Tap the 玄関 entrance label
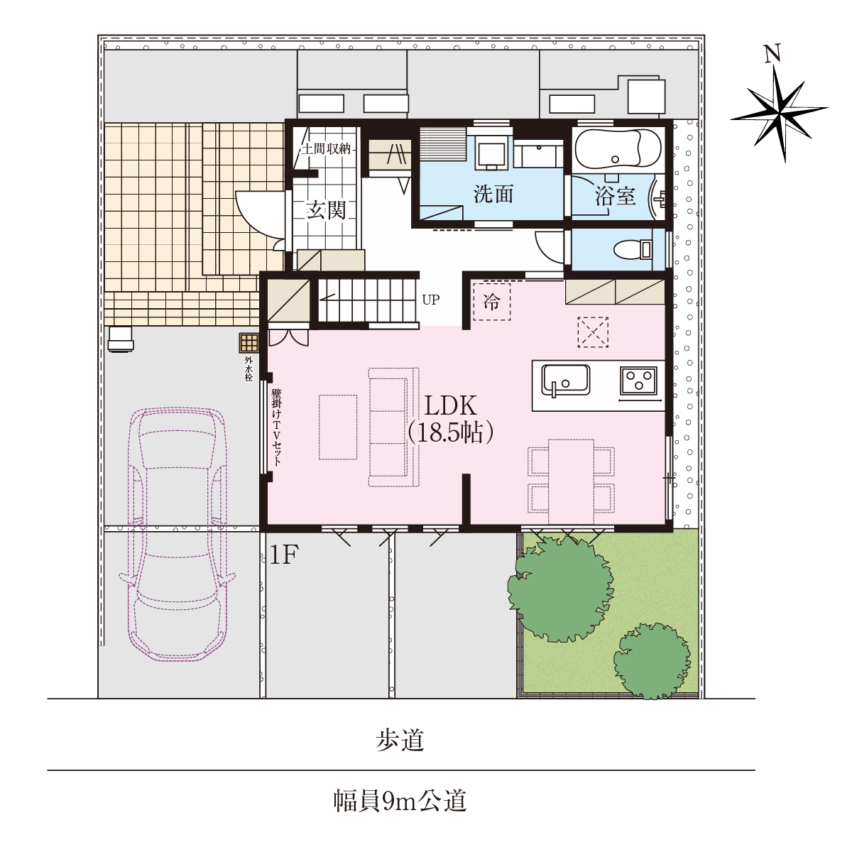[x=327, y=209]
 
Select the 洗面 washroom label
[x=493, y=194]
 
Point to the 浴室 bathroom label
[x=615, y=196]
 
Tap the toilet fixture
[x=633, y=249]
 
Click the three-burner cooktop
[x=638, y=381]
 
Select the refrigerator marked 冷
[x=491, y=302]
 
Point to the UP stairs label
[x=431, y=300]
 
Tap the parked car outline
[x=177, y=535]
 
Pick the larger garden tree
[x=561, y=589]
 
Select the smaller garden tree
[x=652, y=661]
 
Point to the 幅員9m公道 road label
[x=400, y=802]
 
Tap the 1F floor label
[x=284, y=555]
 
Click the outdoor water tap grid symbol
[x=249, y=342]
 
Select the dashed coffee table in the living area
[x=338, y=427]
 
